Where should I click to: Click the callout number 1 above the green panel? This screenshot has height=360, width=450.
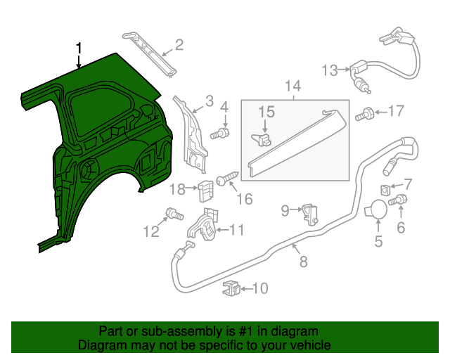(x=79, y=48)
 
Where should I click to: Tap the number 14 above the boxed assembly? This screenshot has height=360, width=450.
(x=292, y=86)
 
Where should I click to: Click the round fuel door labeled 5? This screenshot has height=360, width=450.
(x=377, y=210)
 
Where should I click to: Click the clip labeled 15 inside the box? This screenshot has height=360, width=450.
(x=264, y=139)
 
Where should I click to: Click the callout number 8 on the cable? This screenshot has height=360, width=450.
(x=303, y=262)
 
